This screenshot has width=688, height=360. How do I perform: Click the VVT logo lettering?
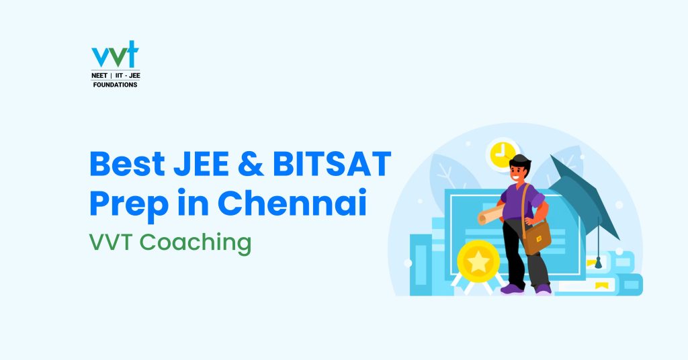(x=115, y=54)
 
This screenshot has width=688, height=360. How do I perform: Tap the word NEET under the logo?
(x=99, y=75)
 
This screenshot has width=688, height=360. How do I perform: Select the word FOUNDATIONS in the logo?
(x=115, y=85)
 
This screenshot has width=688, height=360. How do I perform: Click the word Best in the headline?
(x=127, y=163)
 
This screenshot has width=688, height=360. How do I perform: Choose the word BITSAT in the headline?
(x=332, y=163)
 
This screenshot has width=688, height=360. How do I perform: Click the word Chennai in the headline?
(x=292, y=202)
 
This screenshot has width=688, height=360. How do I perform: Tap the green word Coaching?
(x=196, y=243)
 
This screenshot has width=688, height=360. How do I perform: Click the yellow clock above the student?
(x=502, y=154)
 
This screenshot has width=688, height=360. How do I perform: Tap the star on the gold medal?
(x=478, y=262)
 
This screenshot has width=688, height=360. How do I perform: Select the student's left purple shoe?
(x=512, y=289)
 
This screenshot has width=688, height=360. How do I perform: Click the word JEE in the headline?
(x=201, y=163)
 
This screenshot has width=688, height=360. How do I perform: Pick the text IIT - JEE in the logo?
(x=128, y=75)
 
